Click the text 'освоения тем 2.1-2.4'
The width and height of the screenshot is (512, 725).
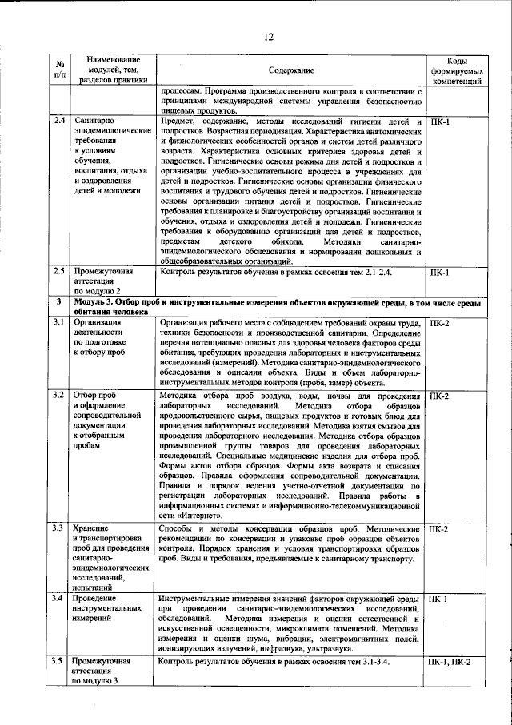[352, 273]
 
